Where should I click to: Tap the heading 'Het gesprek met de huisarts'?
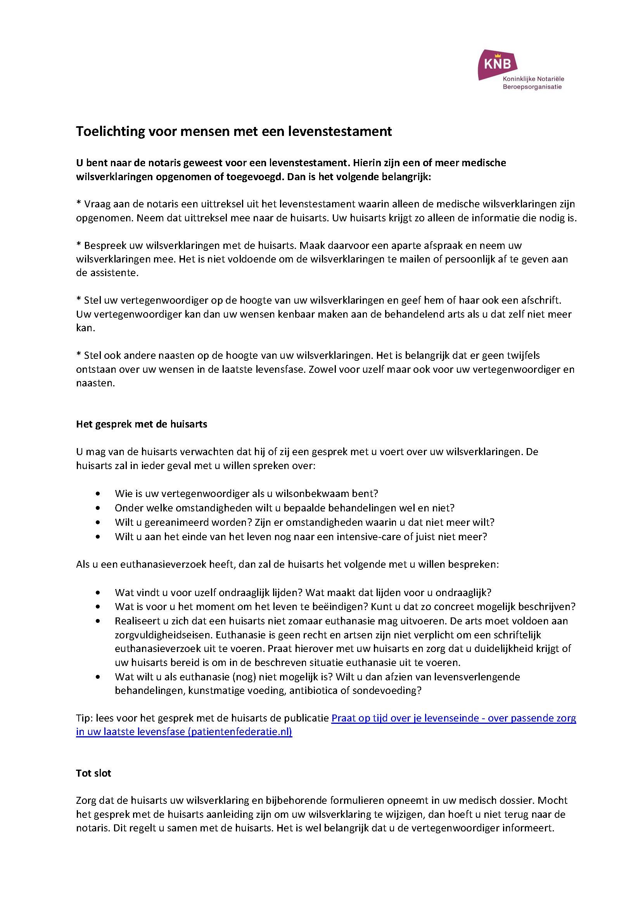pyautogui.click(x=142, y=424)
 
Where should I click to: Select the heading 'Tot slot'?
pyautogui.click(x=93, y=773)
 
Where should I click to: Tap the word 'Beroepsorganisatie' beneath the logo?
pyautogui.click(x=532, y=87)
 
